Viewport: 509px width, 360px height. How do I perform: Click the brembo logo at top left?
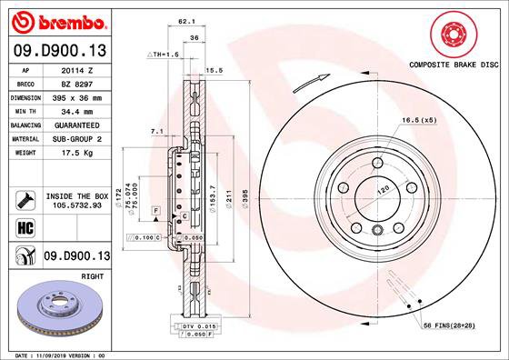click(56, 20)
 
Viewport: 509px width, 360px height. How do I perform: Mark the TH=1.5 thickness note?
click(164, 55)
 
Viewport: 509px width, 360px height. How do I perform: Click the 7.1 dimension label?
click(156, 132)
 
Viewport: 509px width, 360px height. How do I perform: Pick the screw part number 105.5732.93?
click(78, 206)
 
